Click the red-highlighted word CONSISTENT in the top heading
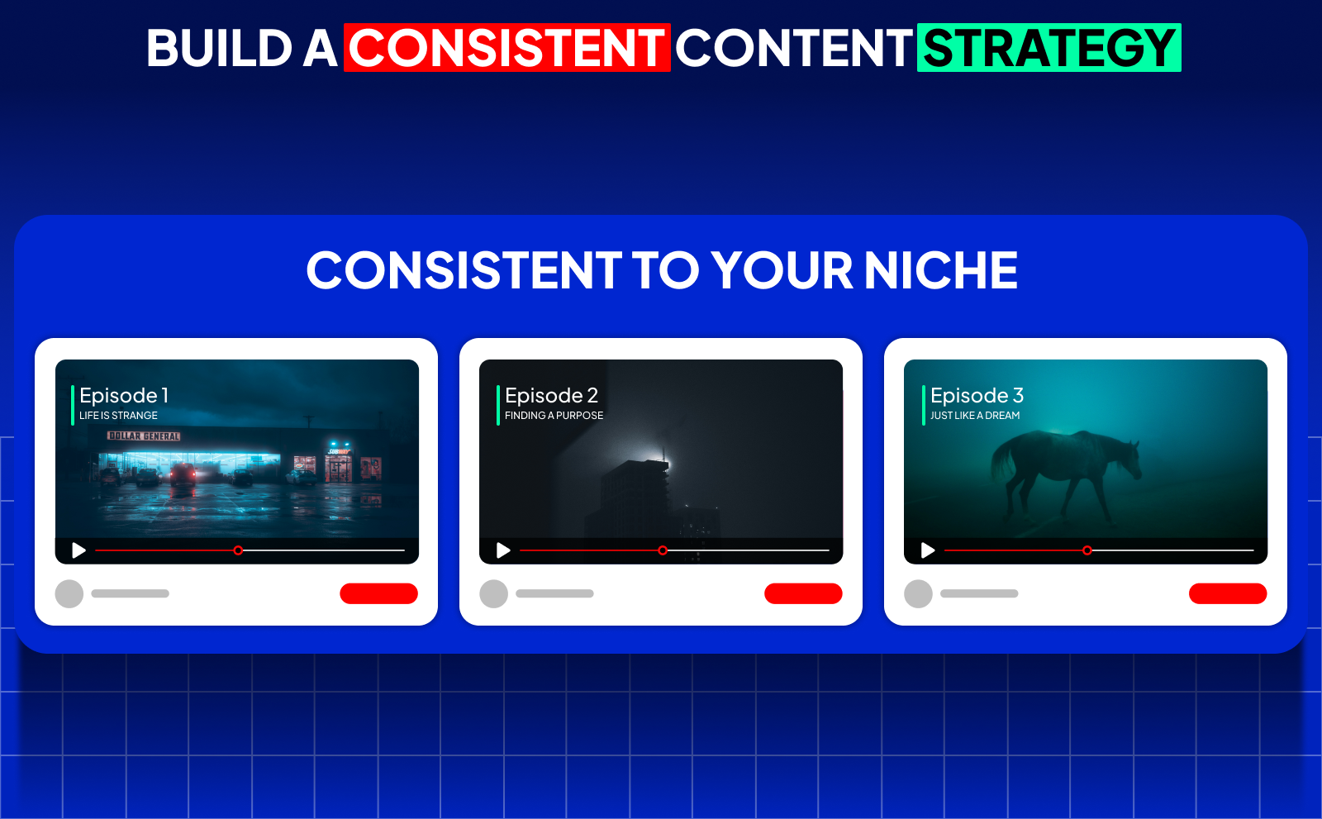click(x=506, y=48)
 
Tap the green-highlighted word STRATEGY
click(x=1049, y=48)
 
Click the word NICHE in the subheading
click(x=940, y=270)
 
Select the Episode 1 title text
click(x=124, y=395)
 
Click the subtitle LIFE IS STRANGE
click(x=118, y=416)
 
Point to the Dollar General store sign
click(x=144, y=436)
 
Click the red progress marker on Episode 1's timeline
click(x=238, y=550)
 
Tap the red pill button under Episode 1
click(x=378, y=593)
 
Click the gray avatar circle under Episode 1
click(x=69, y=593)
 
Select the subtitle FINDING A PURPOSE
click(x=554, y=416)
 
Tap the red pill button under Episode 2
click(x=803, y=593)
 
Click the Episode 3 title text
click(x=977, y=395)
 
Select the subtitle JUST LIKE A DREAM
click(x=975, y=416)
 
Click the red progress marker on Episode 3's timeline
click(x=1087, y=550)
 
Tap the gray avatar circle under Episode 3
click(x=918, y=593)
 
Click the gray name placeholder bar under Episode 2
click(x=554, y=593)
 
